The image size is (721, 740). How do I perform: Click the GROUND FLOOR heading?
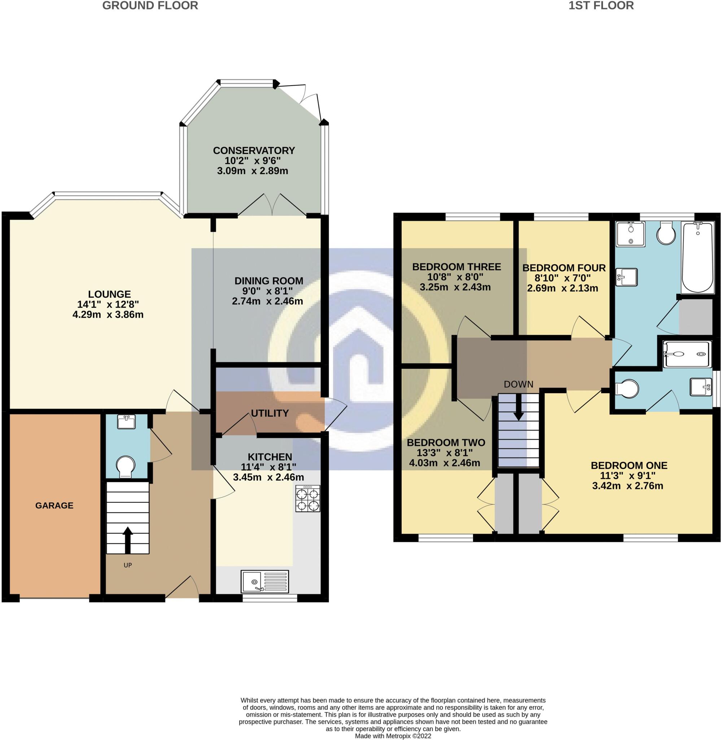150,6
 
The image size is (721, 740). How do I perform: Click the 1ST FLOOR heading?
601,6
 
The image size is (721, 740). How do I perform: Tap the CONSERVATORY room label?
254,151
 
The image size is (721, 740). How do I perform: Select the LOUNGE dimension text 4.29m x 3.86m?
108,314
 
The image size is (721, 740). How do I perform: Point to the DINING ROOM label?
269,281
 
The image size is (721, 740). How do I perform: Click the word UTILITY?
270,413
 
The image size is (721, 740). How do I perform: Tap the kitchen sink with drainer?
265,581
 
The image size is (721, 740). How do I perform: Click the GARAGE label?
54,505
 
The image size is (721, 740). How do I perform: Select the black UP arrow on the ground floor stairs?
128,540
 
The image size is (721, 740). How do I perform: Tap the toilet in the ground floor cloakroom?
125,467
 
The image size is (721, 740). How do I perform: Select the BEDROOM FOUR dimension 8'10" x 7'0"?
562,278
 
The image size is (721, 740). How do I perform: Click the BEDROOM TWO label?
446,442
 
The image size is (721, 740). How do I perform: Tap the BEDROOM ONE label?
629,465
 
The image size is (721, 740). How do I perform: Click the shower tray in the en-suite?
687,354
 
